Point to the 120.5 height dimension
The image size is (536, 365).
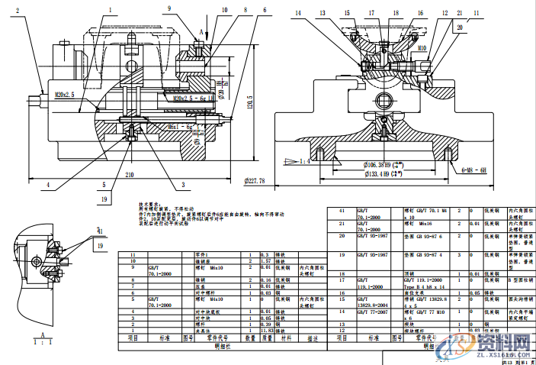tap(249, 98)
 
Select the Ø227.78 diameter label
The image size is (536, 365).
tap(251, 181)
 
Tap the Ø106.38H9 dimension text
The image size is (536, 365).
tap(382, 166)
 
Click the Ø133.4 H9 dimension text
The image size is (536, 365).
tap(382, 174)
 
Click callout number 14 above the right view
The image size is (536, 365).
tap(298, 13)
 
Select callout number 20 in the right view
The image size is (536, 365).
tap(460, 26)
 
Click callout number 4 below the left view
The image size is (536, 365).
tap(47, 184)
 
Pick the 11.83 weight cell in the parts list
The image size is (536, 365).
tap(267, 330)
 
